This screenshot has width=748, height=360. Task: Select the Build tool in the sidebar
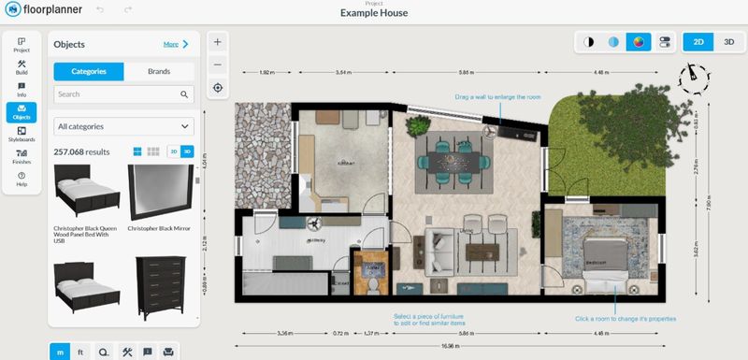(x=22, y=68)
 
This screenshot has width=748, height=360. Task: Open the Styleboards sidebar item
(x=22, y=135)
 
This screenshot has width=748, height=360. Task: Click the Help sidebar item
(x=22, y=179)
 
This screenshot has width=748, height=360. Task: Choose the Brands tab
(x=159, y=71)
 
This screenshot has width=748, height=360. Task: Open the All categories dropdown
(x=123, y=125)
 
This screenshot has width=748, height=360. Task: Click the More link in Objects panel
(x=176, y=44)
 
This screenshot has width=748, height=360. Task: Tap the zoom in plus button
(x=217, y=42)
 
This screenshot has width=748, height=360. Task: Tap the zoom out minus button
(x=217, y=65)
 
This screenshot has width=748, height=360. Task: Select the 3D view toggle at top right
(x=728, y=42)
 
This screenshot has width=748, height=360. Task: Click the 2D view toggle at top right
(x=698, y=42)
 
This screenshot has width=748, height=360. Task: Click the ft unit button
(x=81, y=351)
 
